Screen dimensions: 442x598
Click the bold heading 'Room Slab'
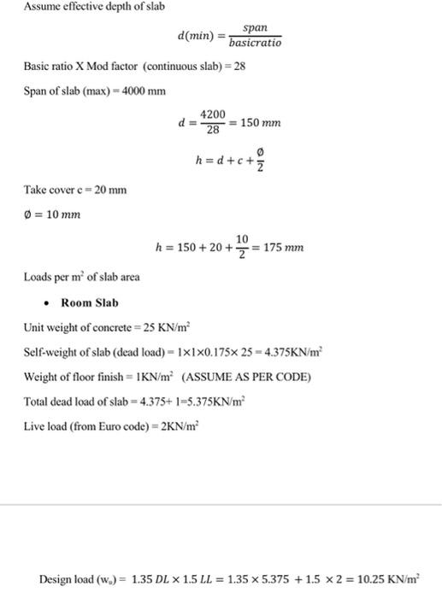[x=90, y=303]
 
